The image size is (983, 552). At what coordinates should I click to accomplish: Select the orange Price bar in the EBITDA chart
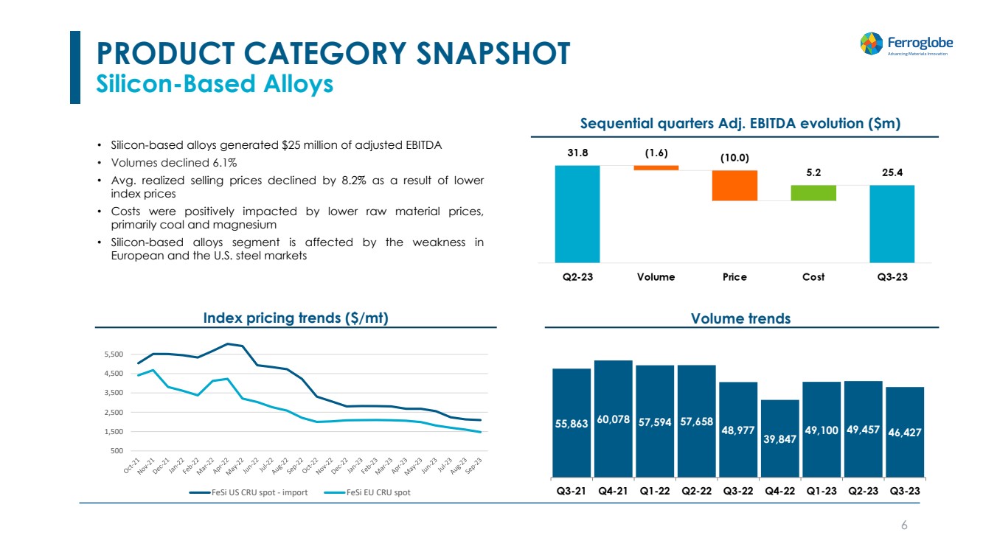[x=734, y=185]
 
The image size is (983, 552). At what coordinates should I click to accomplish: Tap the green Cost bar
[x=813, y=192]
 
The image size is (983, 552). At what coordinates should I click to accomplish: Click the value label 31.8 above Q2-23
[x=577, y=153]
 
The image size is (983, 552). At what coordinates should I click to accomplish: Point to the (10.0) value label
[x=734, y=158]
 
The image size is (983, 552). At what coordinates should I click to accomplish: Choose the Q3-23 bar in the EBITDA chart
[x=892, y=223]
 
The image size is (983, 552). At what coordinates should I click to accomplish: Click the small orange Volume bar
[x=656, y=168]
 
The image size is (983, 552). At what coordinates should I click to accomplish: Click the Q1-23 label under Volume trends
[x=821, y=490]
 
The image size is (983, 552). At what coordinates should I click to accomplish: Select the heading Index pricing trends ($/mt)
[x=296, y=318]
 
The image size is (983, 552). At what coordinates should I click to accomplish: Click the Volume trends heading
[x=740, y=318]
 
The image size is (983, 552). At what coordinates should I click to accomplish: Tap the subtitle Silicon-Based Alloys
[x=215, y=84]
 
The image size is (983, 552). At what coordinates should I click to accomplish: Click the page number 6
[x=904, y=525]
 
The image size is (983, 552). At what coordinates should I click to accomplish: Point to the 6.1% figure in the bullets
[x=222, y=162]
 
